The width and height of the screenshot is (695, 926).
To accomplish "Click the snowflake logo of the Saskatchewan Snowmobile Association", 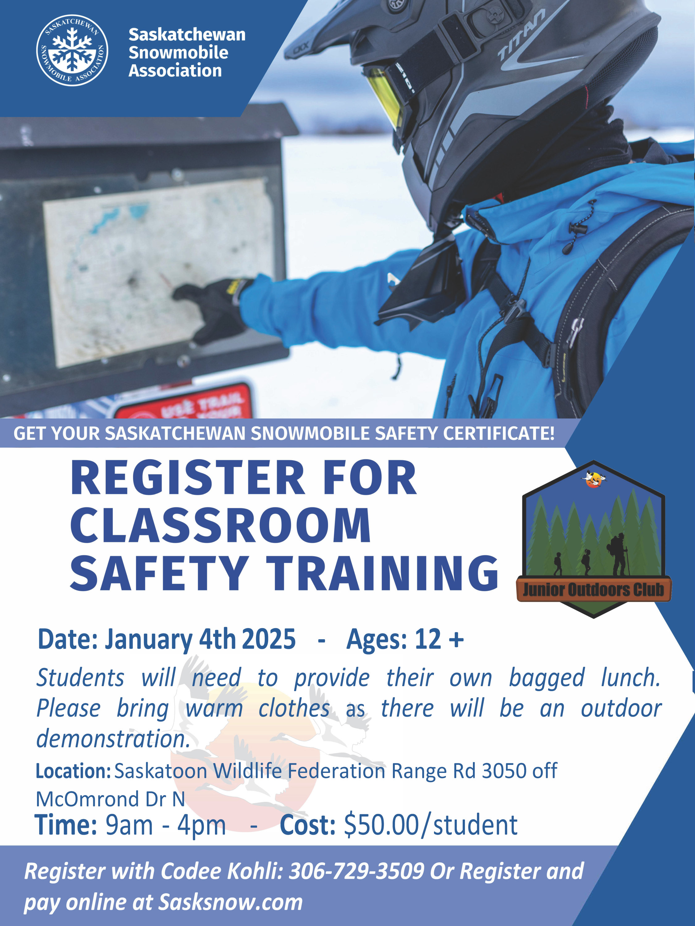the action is click(72, 50).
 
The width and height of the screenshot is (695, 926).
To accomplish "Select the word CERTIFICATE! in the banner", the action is click(499, 433).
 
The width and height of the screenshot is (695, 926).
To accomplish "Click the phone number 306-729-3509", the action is click(356, 871).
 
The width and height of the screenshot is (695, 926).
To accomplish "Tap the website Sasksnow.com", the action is click(230, 902).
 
